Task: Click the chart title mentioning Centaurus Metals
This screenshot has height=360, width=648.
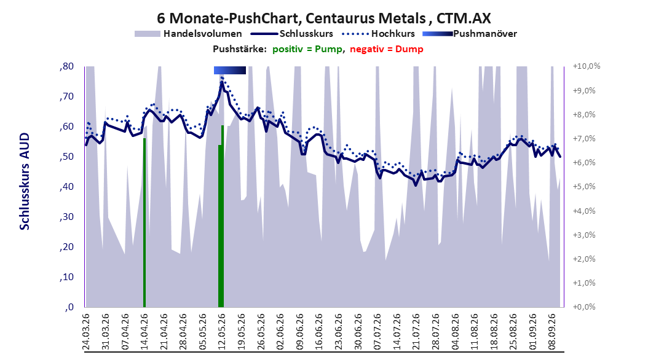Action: coord(323,18)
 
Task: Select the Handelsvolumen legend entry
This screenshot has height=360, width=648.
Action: coord(188,34)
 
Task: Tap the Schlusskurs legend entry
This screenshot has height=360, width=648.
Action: coord(291,34)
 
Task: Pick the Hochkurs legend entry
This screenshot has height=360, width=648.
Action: coord(378,34)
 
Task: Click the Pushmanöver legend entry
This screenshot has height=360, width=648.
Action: coord(470,34)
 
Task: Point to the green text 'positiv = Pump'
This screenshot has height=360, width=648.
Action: coord(307,49)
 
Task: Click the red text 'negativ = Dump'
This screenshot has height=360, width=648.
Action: coord(387,49)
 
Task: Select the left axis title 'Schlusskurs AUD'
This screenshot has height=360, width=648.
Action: coord(25,182)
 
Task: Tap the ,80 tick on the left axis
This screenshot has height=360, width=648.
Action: coord(66,66)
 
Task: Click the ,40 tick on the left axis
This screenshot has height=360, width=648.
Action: coord(66,187)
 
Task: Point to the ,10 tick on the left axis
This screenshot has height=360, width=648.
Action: coord(66,277)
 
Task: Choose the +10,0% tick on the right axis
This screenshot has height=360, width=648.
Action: coord(587,66)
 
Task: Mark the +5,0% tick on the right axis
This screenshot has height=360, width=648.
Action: coord(584,187)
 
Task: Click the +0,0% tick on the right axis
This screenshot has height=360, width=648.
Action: coord(584,307)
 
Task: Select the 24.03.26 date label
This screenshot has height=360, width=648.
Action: coord(86,332)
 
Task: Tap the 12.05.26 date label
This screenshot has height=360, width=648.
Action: coord(223,332)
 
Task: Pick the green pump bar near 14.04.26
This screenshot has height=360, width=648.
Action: coord(144,223)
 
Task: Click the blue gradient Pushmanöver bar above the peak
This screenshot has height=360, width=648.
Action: coord(230,71)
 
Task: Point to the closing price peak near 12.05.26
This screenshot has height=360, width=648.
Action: coord(222,82)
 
